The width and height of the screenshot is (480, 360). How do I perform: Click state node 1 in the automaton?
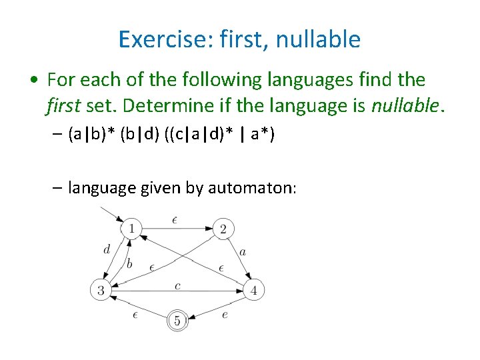coord(131,229)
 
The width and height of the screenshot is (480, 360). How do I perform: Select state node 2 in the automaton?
coord(223,229)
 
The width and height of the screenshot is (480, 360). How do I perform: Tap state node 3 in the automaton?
coord(101,290)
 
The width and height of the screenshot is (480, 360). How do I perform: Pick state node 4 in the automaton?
coord(253,290)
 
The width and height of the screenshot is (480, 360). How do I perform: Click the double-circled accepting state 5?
coord(177,321)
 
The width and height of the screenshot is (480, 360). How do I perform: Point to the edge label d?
coord(107,250)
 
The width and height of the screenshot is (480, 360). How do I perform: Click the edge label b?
coord(129,264)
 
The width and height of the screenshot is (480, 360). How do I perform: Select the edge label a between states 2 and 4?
coord(243,253)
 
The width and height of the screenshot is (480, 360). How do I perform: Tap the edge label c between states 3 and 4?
coord(177,285)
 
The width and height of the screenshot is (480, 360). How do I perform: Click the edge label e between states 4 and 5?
coord(225,314)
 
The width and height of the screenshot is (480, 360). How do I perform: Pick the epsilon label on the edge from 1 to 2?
coord(175,219)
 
